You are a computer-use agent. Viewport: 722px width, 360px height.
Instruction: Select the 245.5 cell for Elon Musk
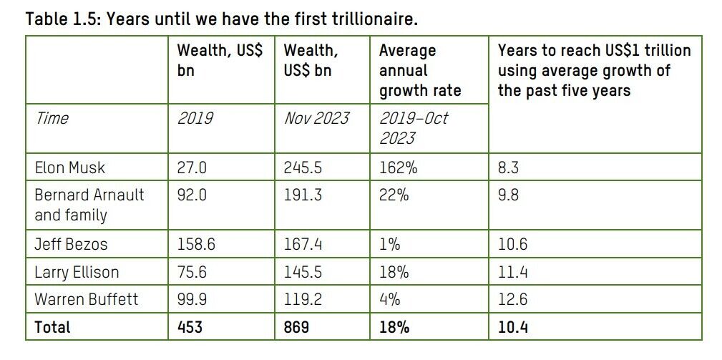click(303, 168)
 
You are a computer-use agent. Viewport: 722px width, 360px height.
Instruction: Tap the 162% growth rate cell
click(399, 168)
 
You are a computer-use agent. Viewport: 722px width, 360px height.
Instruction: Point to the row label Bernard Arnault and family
click(89, 205)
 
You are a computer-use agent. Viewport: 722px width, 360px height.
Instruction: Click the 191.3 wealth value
click(302, 195)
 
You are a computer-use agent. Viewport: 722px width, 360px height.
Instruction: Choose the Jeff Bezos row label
click(71, 244)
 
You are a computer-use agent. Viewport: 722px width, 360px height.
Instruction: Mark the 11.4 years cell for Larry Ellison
click(512, 272)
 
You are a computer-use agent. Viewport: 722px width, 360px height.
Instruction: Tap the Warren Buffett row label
click(86, 299)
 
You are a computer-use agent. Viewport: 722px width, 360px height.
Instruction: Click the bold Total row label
click(53, 327)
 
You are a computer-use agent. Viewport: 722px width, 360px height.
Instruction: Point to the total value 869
click(297, 327)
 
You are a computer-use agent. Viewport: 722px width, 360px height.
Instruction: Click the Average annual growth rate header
click(420, 71)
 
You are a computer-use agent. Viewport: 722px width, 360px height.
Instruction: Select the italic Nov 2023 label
click(316, 117)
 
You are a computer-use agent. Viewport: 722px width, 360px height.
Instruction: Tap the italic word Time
click(52, 117)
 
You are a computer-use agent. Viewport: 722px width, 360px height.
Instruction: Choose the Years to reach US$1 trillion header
click(594, 71)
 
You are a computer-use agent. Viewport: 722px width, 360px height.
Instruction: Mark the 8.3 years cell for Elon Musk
click(509, 168)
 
